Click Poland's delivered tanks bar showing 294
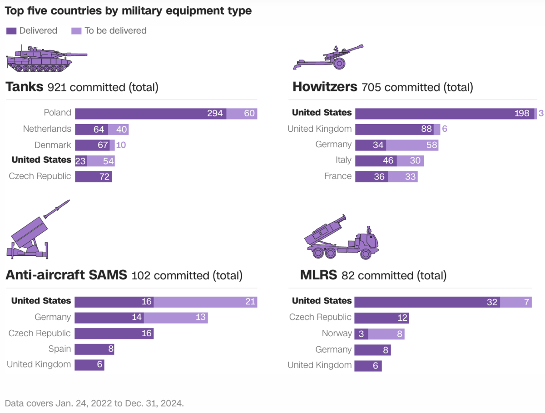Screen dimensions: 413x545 coord(150,114)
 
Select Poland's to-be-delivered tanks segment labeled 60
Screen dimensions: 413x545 coord(242,114)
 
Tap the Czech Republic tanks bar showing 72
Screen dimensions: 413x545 coord(94,177)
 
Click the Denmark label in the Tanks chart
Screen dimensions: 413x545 coord(53,145)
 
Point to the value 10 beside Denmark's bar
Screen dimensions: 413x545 coord(121,145)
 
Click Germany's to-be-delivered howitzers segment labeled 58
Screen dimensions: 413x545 coord(412,145)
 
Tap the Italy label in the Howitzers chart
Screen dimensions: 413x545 coord(343,160)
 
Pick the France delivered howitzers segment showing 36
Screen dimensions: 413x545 coord(372,177)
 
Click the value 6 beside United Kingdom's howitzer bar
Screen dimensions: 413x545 coord(445,129)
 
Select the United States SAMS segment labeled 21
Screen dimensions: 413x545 coord(205,302)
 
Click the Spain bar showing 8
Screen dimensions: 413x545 coord(94,349)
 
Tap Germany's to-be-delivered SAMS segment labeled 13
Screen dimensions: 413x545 coord(176,318)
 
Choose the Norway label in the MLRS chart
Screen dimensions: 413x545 coord(337,334)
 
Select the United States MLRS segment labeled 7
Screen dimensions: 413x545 coord(516,302)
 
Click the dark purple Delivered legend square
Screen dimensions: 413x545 coord(11,31)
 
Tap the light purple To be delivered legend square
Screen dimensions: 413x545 coord(76,31)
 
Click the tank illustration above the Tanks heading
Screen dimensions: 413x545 coord(45,58)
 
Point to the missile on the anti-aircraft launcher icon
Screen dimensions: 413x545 coord(56,209)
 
